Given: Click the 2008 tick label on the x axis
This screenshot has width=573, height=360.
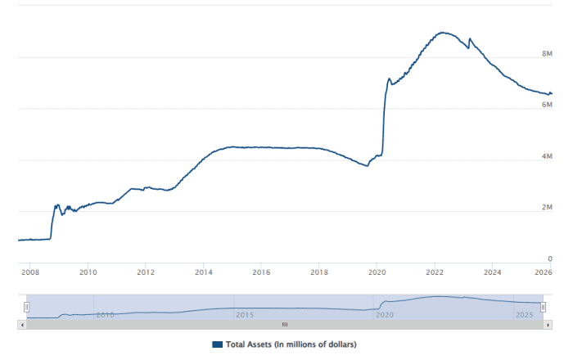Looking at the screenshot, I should click(29, 272).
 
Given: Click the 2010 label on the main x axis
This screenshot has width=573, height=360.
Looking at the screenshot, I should click(88, 272).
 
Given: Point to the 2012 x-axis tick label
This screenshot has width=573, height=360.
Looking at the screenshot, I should click(146, 272).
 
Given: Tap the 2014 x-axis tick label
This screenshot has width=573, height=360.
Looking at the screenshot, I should click(204, 272).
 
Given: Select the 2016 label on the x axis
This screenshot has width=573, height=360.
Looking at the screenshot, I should click(261, 272).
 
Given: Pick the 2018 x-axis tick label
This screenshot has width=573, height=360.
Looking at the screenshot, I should click(319, 272).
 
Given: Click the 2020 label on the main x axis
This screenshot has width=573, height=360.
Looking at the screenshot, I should click(377, 272).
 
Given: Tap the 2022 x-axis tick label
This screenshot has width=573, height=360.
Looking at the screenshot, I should click(435, 272).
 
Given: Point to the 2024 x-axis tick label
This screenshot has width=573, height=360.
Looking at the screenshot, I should click(493, 272).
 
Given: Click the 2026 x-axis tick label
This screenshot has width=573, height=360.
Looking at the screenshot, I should click(543, 272).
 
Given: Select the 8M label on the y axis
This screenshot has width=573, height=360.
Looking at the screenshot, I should click(547, 54).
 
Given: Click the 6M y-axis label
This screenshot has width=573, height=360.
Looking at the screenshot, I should click(547, 105).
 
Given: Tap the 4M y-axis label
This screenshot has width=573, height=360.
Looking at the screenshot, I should click(547, 156).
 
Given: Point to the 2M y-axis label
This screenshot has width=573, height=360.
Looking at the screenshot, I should click(547, 208).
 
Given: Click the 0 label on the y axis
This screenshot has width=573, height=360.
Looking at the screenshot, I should click(550, 259).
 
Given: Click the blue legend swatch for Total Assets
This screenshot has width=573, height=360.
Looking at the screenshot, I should click(217, 344).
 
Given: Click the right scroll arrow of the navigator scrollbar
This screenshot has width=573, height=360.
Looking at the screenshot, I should click(548, 325).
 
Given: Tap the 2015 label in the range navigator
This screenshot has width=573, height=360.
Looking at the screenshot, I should click(244, 314).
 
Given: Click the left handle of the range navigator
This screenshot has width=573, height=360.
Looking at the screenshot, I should click(26, 307).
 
